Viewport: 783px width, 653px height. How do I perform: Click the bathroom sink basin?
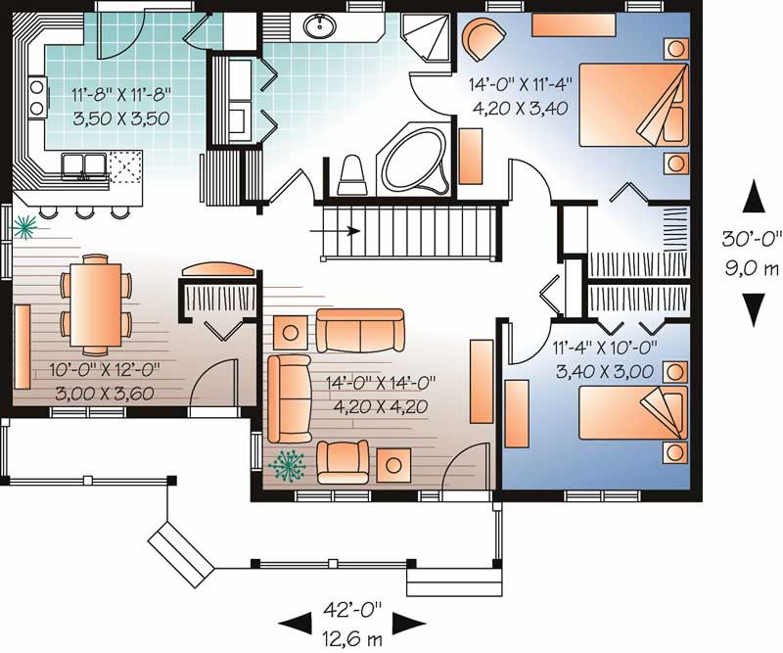click(320, 26)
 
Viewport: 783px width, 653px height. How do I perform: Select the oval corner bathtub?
click(414, 159)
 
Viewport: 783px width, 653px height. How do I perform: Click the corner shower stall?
click(427, 37)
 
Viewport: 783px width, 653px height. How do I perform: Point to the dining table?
click(96, 304)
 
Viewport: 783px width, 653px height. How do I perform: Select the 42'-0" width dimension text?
click(352, 609)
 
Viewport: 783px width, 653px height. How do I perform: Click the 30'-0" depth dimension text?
click(751, 238)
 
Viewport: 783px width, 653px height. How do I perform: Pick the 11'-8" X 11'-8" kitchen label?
click(121, 93)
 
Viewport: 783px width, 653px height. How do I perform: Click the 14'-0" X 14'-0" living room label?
click(381, 383)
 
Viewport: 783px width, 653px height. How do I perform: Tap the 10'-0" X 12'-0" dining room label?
click(105, 370)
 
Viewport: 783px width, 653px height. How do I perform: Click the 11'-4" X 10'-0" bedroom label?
click(604, 347)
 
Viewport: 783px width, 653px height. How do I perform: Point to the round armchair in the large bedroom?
click(483, 39)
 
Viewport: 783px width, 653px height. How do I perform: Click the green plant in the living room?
click(287, 466)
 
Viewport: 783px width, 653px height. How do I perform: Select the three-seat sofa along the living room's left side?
click(289, 398)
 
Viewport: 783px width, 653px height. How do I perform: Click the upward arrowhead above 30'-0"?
click(753, 198)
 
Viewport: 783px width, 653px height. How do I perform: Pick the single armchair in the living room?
click(344, 463)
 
